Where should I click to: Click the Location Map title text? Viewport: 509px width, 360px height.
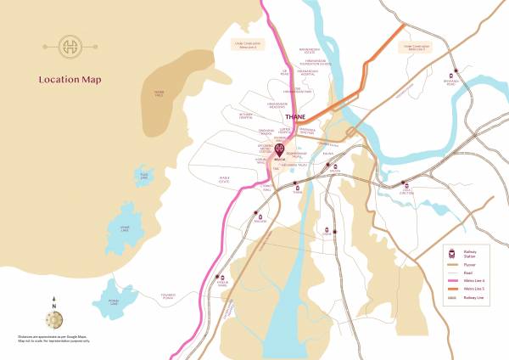click(70, 80)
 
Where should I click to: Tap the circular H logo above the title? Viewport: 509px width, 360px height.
click(69, 46)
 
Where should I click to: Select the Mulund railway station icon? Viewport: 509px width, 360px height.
click(257, 216)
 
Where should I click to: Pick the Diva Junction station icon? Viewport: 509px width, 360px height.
click(406, 187)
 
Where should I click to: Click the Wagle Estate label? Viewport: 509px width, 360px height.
click(224, 179)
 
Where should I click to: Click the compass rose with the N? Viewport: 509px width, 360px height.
click(53, 318)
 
